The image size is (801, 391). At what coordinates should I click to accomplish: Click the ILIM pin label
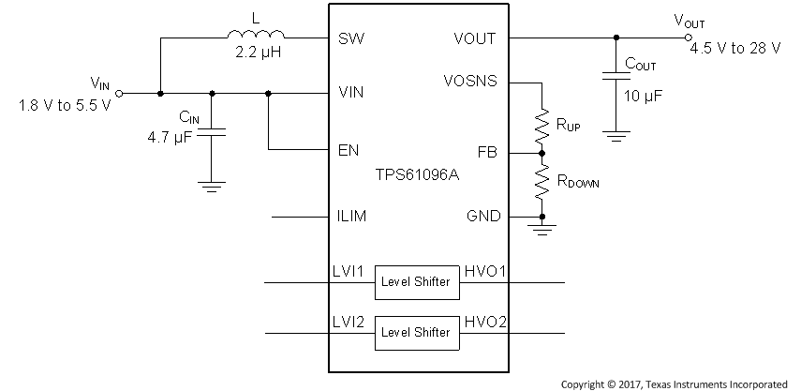pos(351,217)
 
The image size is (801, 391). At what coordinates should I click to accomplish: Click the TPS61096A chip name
pos(418,175)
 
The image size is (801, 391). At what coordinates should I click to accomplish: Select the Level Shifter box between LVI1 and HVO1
pos(413,281)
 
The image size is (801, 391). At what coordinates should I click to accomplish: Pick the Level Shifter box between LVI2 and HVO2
pos(413,332)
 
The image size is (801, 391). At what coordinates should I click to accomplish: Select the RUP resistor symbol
pos(541,123)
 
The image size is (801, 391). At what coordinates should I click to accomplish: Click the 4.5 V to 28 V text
pos(734,48)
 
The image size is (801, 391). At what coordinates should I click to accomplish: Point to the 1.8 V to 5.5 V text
pos(65,104)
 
